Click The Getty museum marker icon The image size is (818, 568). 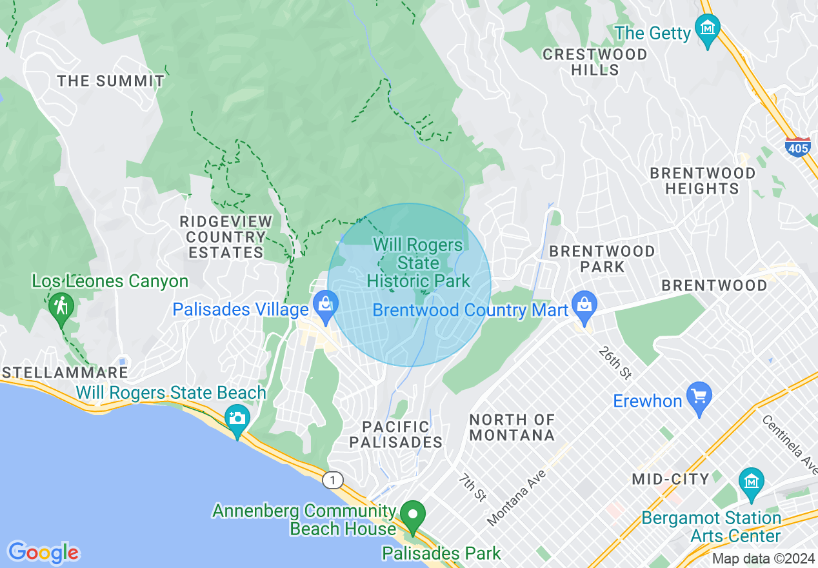pyautogui.click(x=708, y=30)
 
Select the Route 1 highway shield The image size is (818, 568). pyautogui.click(x=332, y=480)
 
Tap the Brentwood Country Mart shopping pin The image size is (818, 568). pyautogui.click(x=584, y=306)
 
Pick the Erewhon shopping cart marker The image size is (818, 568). pyautogui.click(x=699, y=396)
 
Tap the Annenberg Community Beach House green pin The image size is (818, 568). pyautogui.click(x=413, y=515)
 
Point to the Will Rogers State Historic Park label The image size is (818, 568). pyautogui.click(x=419, y=263)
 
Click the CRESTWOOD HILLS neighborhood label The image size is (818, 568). pyautogui.click(x=595, y=62)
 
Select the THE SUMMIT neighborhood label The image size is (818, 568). pyautogui.click(x=111, y=81)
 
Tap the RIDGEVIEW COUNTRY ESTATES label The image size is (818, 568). pyautogui.click(x=226, y=237)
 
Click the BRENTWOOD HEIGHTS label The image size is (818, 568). pyautogui.click(x=702, y=181)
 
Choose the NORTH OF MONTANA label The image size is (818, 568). pyautogui.click(x=512, y=427)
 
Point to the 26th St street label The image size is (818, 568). pyautogui.click(x=613, y=363)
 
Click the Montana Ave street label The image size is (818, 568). pyautogui.click(x=516, y=497)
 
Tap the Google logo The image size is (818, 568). pyautogui.click(x=43, y=553)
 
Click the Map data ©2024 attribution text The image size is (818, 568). pyautogui.click(x=763, y=559)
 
